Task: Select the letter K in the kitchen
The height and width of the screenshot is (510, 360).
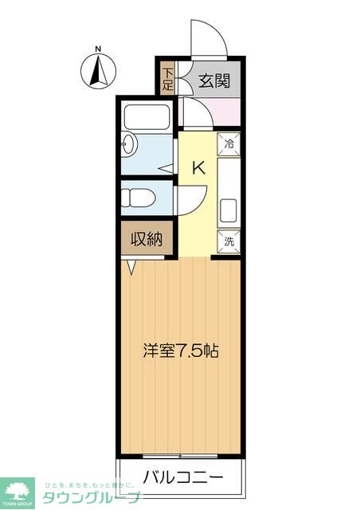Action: [x=199, y=167]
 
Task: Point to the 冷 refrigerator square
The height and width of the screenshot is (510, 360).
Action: [x=229, y=144]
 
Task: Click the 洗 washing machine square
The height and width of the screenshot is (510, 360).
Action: [x=229, y=241]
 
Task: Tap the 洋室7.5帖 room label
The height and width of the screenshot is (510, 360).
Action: [x=181, y=351]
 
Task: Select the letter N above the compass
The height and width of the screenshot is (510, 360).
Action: [x=98, y=49]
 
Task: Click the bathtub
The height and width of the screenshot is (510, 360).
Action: [x=145, y=116]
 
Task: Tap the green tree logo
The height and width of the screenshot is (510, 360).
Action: [x=17, y=488]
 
